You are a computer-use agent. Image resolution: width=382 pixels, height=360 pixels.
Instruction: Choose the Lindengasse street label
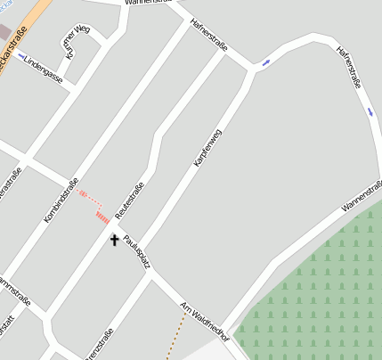(x=44, y=70)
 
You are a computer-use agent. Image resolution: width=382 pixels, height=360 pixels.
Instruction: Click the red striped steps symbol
(x=102, y=216)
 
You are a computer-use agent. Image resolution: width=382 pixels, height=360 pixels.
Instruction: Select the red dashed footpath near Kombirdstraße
(x=87, y=196)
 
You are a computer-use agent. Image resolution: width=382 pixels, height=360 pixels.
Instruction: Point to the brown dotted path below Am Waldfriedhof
(x=176, y=340)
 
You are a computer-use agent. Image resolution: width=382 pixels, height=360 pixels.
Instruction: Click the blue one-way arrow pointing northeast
(x=266, y=62)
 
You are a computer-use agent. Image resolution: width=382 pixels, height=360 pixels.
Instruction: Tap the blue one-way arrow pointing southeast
(x=370, y=110)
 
